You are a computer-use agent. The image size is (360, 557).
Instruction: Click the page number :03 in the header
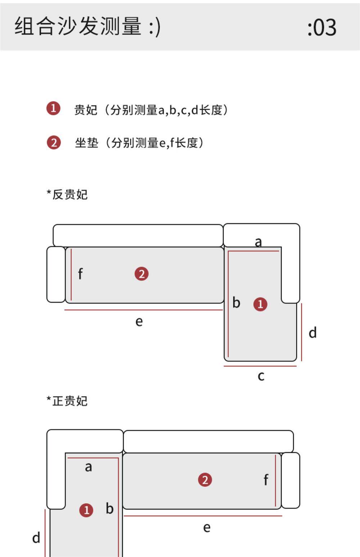pyautogui.click(x=322, y=27)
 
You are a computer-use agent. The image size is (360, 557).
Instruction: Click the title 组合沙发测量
pyautogui.click(x=78, y=26)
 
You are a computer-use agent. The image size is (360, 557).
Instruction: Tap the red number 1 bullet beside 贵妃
pyautogui.click(x=53, y=108)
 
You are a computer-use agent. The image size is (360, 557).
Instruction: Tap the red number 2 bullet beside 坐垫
pyautogui.click(x=54, y=142)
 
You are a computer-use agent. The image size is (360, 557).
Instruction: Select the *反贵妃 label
pyautogui.click(x=67, y=195)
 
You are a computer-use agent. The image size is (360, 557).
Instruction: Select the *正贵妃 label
pyautogui.click(x=67, y=401)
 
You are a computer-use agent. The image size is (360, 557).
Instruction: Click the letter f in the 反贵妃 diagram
pyautogui.click(x=80, y=274)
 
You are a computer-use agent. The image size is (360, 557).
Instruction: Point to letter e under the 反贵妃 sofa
pyautogui.click(x=139, y=321)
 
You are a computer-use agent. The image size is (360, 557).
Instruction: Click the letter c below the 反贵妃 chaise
pyautogui.click(x=261, y=376)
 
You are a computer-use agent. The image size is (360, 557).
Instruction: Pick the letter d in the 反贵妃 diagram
pyautogui.click(x=312, y=333)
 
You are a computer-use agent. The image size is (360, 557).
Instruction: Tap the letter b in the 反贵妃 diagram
pyautogui.click(x=236, y=303)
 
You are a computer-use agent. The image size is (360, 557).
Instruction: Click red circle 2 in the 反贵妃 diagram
pyautogui.click(x=141, y=274)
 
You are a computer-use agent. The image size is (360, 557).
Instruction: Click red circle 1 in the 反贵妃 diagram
pyautogui.click(x=260, y=304)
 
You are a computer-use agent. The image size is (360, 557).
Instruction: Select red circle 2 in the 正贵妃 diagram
pyautogui.click(x=205, y=480)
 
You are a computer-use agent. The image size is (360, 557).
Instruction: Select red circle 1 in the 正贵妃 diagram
pyautogui.click(x=86, y=510)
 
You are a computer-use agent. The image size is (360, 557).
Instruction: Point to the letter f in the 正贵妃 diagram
pyautogui.click(x=266, y=480)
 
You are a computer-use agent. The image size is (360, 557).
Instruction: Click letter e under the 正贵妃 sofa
pyautogui.click(x=207, y=528)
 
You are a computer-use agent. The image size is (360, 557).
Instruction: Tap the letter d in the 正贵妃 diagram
pyautogui.click(x=36, y=538)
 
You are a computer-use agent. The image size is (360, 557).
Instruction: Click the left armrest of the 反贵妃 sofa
pyautogui.click(x=56, y=274)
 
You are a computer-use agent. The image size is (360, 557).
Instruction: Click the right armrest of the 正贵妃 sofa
pyautogui.click(x=290, y=480)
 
